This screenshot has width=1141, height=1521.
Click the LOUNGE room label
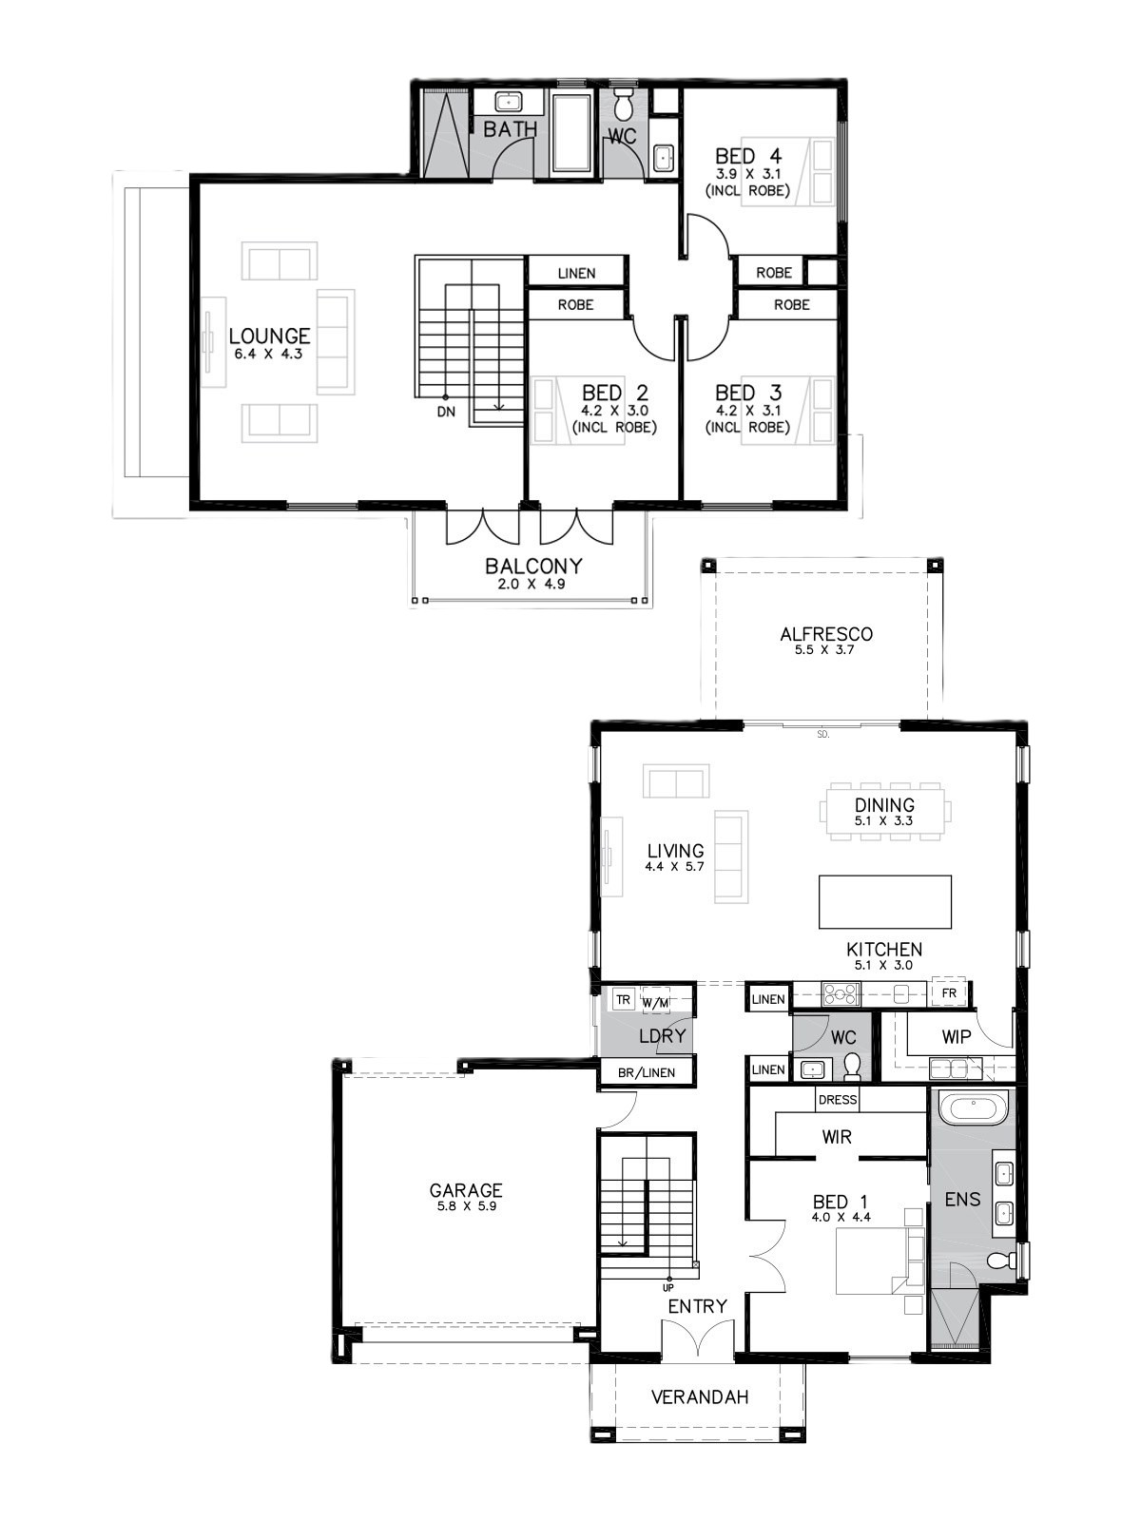[269, 337]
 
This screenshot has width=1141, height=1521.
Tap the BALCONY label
[533, 567]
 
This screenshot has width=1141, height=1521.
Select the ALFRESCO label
[825, 634]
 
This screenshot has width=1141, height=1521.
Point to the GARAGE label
[466, 1190]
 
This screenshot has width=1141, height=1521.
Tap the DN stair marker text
[446, 412]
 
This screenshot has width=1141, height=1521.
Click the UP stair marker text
[667, 1288]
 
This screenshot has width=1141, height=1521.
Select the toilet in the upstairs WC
[624, 104]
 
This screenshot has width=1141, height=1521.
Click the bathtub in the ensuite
[974, 1110]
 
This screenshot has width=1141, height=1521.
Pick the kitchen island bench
[884, 901]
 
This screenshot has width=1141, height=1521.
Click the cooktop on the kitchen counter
[840, 993]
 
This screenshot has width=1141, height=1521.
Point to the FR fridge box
[949, 993]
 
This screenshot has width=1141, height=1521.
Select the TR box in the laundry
[624, 1000]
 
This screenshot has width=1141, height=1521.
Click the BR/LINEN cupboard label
[647, 1072]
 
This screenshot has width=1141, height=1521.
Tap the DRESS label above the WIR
[838, 1099]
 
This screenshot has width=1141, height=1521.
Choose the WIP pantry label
[956, 1036]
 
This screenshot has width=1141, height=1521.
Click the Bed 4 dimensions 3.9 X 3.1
[748, 174]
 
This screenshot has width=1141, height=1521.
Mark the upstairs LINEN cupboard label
[576, 273]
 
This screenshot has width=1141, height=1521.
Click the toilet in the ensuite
[997, 1259]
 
